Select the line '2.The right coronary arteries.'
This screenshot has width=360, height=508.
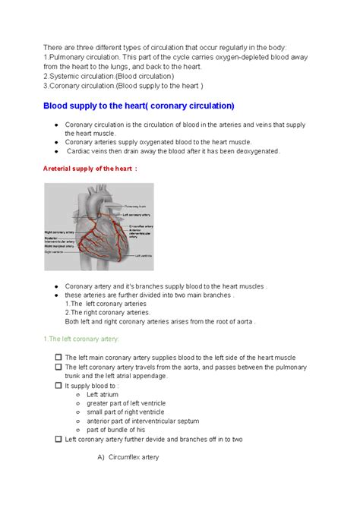tap(107, 312)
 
